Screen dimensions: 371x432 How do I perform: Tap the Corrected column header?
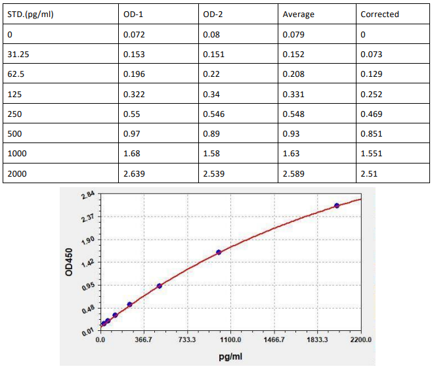pyautogui.click(x=379, y=14)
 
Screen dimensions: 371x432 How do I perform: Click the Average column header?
pyautogui.click(x=298, y=14)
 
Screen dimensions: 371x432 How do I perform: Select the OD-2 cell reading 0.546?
pyautogui.click(x=214, y=114)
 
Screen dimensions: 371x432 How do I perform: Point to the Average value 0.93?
pyautogui.click(x=291, y=133)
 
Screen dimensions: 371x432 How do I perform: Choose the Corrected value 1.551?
pyautogui.click(x=372, y=153)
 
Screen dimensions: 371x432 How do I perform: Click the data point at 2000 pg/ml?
pyautogui.click(x=337, y=206)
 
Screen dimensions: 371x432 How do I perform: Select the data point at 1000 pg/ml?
pyautogui.click(x=219, y=252)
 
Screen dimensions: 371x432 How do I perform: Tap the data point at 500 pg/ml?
pyautogui.click(x=159, y=286)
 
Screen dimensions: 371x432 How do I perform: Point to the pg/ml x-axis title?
pyautogui.click(x=230, y=356)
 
